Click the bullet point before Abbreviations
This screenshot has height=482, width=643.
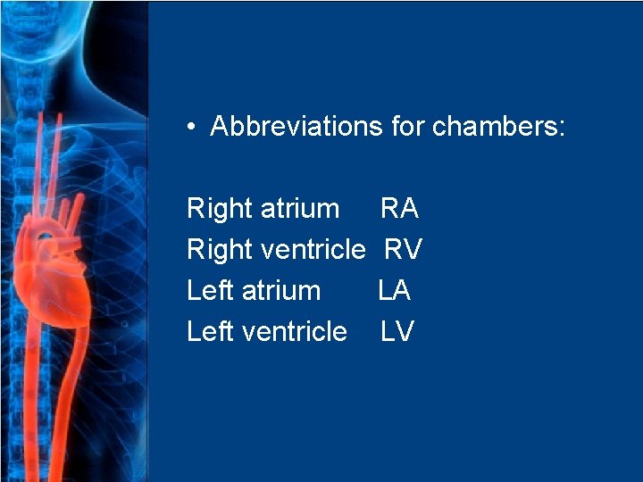tap(192, 127)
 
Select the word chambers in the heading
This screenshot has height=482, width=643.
tap(498, 127)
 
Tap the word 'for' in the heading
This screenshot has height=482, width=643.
tap(407, 127)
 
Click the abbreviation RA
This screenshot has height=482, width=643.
tap(399, 209)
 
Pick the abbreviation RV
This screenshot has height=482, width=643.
tap(403, 250)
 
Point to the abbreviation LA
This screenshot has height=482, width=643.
tap(395, 291)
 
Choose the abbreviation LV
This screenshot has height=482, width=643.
tap(397, 332)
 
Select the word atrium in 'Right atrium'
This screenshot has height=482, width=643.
tap(300, 209)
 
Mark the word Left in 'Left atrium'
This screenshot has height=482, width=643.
tap(208, 291)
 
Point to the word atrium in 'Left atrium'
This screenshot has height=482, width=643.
tap(280, 291)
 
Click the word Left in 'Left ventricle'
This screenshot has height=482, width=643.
tap(208, 332)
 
